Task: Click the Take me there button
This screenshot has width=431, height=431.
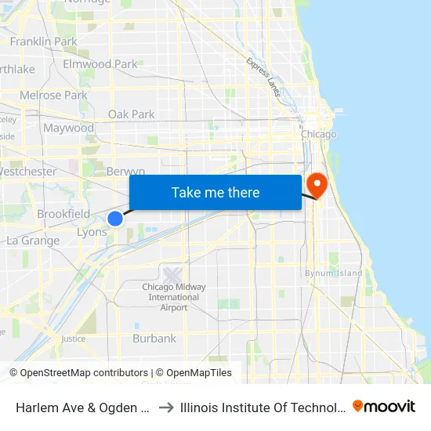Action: [x=215, y=192]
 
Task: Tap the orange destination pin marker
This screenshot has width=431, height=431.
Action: [x=317, y=185]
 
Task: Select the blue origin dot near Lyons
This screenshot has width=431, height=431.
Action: [x=115, y=219]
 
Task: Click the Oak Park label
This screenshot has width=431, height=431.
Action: [x=132, y=114]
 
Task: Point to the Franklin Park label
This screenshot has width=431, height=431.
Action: [x=43, y=41]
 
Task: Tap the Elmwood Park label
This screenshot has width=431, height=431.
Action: [x=100, y=64]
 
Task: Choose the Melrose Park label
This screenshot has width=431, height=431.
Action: [x=53, y=96]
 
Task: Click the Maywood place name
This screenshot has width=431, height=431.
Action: [x=68, y=128]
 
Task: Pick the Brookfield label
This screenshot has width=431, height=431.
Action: [x=63, y=214]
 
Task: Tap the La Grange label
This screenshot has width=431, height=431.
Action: [x=33, y=241]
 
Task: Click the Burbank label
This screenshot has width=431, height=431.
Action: [x=154, y=339]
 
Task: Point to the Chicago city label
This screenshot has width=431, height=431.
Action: [x=319, y=134]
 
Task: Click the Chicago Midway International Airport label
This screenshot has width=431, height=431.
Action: [x=173, y=297]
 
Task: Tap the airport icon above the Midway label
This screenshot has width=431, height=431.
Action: [x=172, y=275]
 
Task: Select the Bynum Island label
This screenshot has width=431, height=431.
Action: [x=334, y=273]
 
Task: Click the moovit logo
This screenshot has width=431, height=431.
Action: [x=384, y=406]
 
